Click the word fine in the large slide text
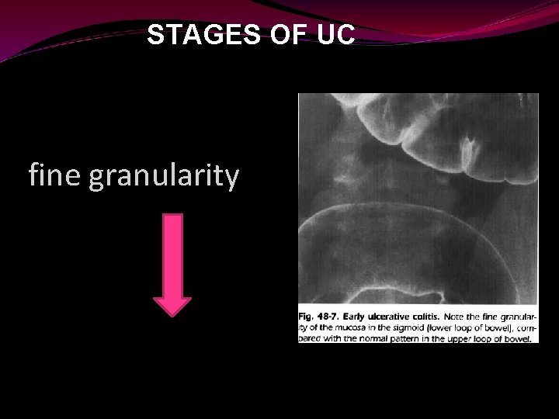pyautogui.click(x=55, y=176)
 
